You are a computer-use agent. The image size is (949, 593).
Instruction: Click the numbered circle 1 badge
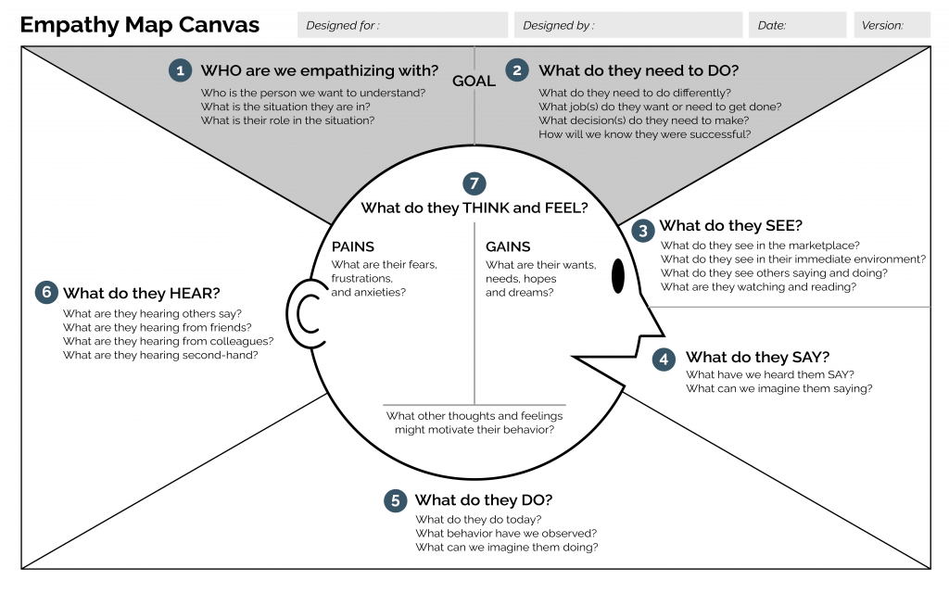tap(180, 70)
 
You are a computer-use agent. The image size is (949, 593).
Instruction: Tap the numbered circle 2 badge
tap(517, 70)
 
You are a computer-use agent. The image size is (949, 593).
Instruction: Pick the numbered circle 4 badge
tap(664, 360)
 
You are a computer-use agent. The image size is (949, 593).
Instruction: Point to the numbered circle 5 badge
tap(395, 501)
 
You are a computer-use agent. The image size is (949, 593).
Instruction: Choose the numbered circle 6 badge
tap(46, 293)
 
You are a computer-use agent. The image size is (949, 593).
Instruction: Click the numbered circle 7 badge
tap(474, 183)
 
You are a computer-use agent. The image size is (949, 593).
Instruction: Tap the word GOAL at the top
tap(474, 81)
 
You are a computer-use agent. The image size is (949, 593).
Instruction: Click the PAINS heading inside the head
tap(352, 246)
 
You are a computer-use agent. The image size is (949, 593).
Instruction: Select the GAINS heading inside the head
tap(508, 246)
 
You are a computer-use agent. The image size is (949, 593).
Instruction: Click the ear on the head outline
tap(302, 312)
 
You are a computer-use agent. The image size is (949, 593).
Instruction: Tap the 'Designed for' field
tap(402, 25)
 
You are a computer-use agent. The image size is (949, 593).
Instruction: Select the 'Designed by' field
tap(628, 25)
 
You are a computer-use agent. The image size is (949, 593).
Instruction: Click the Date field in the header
tap(797, 25)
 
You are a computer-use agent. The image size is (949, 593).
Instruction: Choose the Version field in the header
tap(892, 25)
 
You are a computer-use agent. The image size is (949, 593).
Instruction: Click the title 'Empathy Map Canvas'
tap(140, 25)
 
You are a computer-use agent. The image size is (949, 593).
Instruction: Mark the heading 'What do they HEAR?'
tap(141, 294)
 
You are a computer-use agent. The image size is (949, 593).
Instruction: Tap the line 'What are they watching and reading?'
tap(758, 287)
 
